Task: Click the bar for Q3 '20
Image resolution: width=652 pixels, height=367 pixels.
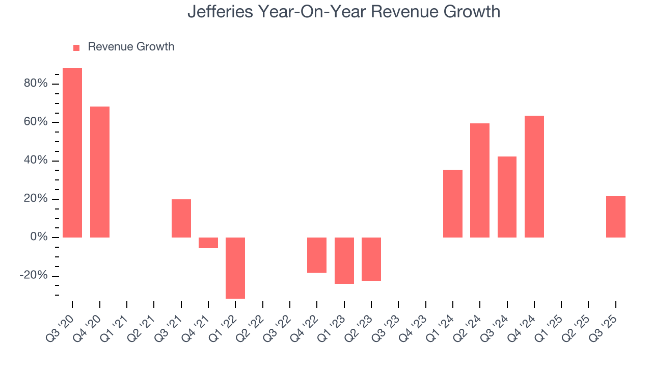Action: click(72, 152)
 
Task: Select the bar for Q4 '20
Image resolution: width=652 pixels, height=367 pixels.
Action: click(100, 172)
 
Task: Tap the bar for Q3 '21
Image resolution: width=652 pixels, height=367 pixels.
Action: click(181, 218)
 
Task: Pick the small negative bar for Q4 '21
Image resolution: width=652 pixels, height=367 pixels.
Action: click(208, 243)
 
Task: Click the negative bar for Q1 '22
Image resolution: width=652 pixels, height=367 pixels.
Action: click(235, 268)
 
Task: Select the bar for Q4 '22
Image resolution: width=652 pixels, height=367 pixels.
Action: click(317, 255)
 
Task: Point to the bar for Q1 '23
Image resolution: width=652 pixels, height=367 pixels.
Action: click(344, 260)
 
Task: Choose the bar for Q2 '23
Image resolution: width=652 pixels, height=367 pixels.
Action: click(371, 259)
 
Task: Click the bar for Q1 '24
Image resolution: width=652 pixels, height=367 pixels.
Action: click(453, 203)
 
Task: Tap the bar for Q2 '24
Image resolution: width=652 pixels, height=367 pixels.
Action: click(480, 180)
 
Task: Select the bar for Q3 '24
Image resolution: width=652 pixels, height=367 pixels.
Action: click(507, 197)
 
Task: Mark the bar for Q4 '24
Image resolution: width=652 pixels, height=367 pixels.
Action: click(534, 176)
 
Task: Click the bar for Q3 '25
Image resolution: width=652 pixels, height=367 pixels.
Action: click(616, 217)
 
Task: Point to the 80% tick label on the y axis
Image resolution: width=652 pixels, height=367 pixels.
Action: click(36, 83)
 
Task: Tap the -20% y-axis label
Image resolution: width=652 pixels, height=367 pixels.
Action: click(34, 276)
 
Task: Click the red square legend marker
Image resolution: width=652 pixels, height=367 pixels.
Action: click(76, 47)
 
